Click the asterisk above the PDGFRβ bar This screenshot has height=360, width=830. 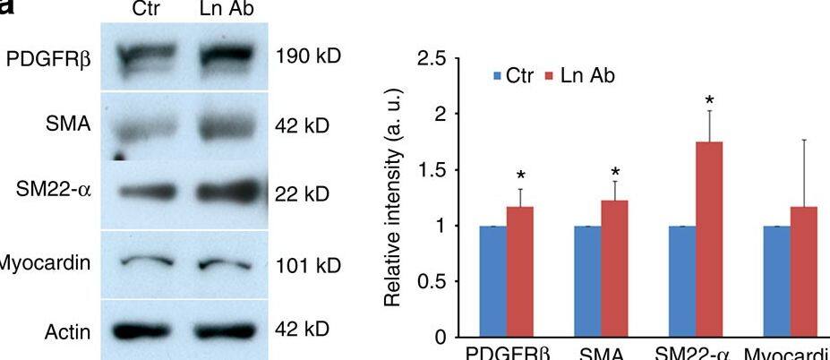coord(519,170)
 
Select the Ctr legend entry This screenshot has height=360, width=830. coord(513,75)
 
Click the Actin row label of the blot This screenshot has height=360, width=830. coord(67,333)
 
